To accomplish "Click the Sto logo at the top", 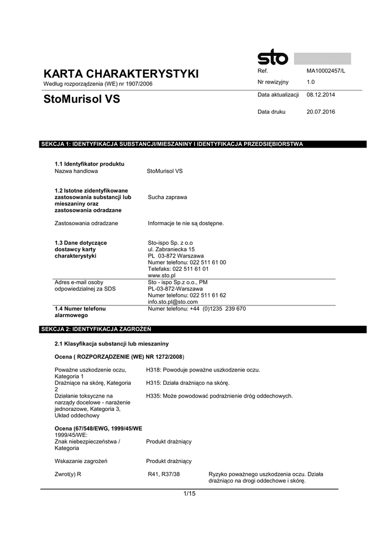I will (x=273, y=57).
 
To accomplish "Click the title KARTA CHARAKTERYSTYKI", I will (x=121, y=73).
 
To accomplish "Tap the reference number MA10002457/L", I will (x=326, y=71).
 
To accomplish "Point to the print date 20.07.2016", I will (x=321, y=112).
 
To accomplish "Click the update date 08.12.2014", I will (x=321, y=95).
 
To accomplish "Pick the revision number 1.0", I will (x=311, y=82).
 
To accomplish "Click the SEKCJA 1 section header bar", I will (x=204, y=144).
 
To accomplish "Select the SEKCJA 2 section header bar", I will (x=204, y=329).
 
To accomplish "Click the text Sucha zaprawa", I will (x=168, y=197).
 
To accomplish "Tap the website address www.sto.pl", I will (x=162, y=276).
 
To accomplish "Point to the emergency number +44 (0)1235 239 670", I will (x=197, y=309).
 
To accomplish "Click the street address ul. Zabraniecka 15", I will (x=171, y=249).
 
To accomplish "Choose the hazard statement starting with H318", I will (x=203, y=369).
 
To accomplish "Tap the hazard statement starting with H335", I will (x=219, y=396).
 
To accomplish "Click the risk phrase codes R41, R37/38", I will (x=164, y=474).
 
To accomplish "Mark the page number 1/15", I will (x=189, y=494).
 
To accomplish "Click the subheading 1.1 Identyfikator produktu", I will (x=89, y=164).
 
